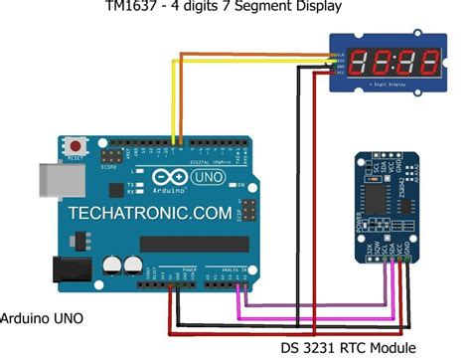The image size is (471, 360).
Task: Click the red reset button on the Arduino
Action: pyautogui.click(x=74, y=146)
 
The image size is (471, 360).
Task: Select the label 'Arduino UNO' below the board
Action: pyautogui.click(x=41, y=318)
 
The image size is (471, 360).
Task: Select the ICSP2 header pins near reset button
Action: pyautogui.click(x=112, y=158)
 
